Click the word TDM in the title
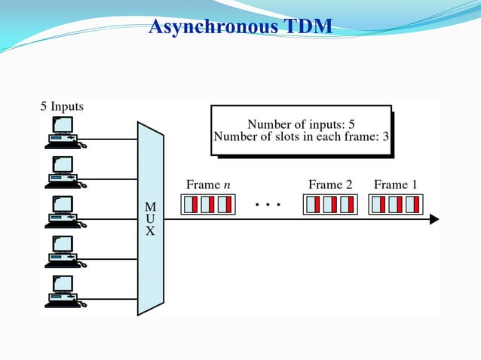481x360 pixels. click(x=306, y=27)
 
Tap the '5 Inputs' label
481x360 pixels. click(x=62, y=106)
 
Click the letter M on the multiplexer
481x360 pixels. click(x=150, y=206)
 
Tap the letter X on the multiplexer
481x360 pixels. click(x=150, y=231)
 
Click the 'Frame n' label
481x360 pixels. click(x=204, y=185)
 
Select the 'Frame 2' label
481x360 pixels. click(x=330, y=185)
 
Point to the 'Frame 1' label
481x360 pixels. click(x=396, y=185)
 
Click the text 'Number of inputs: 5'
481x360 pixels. click(x=301, y=124)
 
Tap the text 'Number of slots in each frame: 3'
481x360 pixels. click(x=301, y=136)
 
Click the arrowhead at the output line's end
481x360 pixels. click(x=434, y=219)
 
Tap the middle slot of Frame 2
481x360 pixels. click(x=330, y=204)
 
